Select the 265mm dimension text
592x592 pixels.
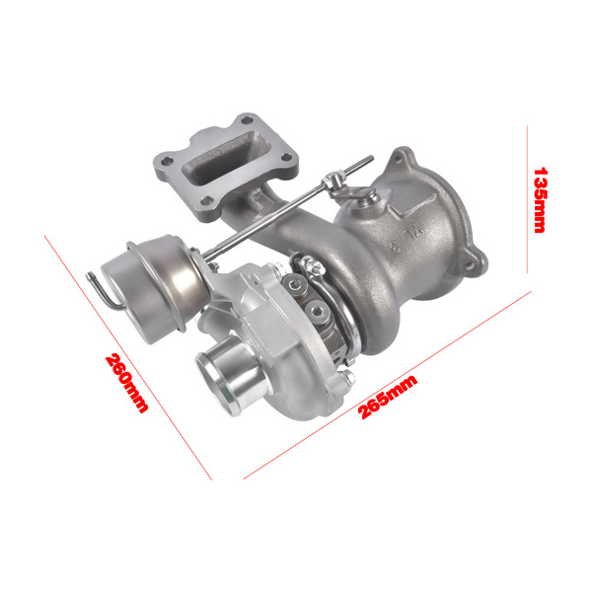(x=388, y=396)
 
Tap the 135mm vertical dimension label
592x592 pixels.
(x=540, y=198)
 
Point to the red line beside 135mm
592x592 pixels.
(x=529, y=197)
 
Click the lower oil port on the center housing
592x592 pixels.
(x=320, y=314)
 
